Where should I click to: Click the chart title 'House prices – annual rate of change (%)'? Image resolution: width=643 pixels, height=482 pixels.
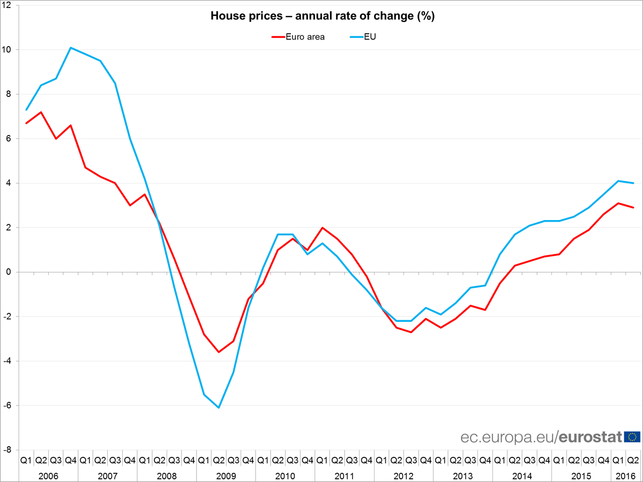pos(322,16)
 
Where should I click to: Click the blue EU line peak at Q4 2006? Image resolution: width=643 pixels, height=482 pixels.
pos(71,48)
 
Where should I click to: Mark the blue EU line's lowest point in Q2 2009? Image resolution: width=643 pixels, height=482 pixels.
pos(219,408)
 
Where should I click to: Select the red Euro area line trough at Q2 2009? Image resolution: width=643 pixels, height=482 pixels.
pos(219,352)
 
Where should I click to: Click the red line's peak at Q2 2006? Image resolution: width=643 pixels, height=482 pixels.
pos(41,112)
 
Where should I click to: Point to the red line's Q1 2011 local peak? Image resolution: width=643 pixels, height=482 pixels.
pos(322,228)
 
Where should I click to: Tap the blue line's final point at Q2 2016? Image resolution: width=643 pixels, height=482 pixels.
pos(633,183)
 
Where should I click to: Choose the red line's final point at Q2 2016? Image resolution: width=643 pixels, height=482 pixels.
pos(633,208)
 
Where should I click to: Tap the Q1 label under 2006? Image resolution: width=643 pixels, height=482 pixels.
pos(26,460)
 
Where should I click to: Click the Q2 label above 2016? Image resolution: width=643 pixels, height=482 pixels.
pos(633,460)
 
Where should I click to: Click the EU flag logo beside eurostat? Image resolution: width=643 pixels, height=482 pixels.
pos(632,437)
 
